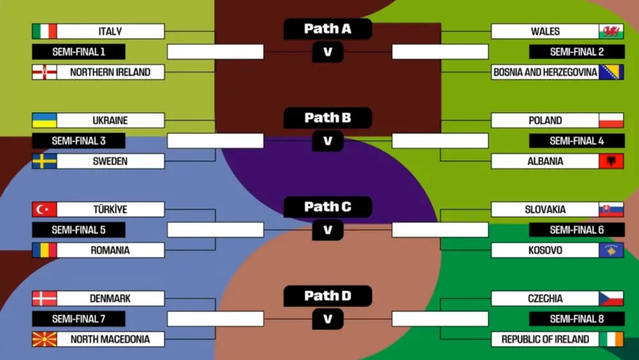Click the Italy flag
(44, 31)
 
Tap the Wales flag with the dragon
(611, 31)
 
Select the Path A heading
(328, 29)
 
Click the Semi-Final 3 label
(79, 141)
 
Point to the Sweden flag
(44, 161)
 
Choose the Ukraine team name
(110, 120)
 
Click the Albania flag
(611, 161)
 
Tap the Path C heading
(328, 207)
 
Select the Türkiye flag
(44, 209)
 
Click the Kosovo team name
(545, 250)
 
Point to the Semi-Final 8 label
(577, 318)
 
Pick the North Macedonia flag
(44, 339)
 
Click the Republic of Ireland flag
(611, 339)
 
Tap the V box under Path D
(328, 318)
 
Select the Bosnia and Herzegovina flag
(611, 72)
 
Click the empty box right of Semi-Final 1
(215, 52)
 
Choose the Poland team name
(545, 120)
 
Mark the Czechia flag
(611, 298)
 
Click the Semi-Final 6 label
(577, 230)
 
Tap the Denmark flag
(44, 298)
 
